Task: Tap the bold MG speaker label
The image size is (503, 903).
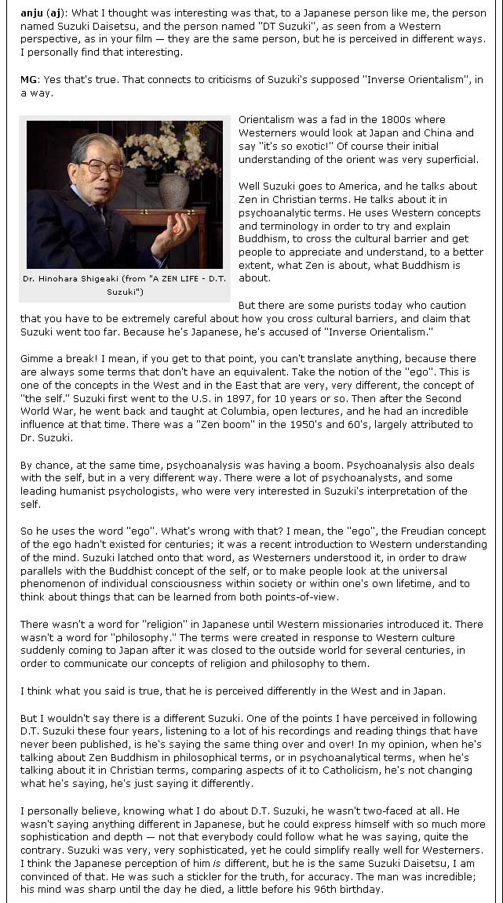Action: (x=28, y=80)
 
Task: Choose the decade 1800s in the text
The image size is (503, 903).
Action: (x=388, y=121)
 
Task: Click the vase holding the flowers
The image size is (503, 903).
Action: (x=174, y=189)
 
